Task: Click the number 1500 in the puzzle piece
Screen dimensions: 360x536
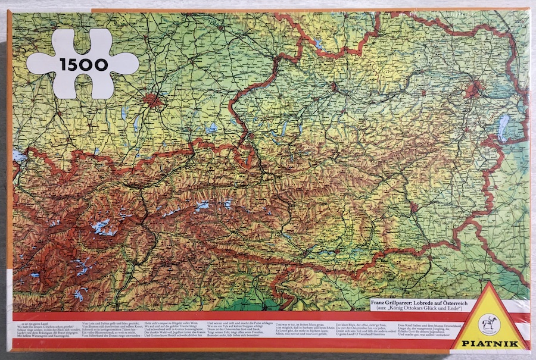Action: click(83, 64)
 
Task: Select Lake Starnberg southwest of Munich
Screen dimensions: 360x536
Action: click(136, 124)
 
